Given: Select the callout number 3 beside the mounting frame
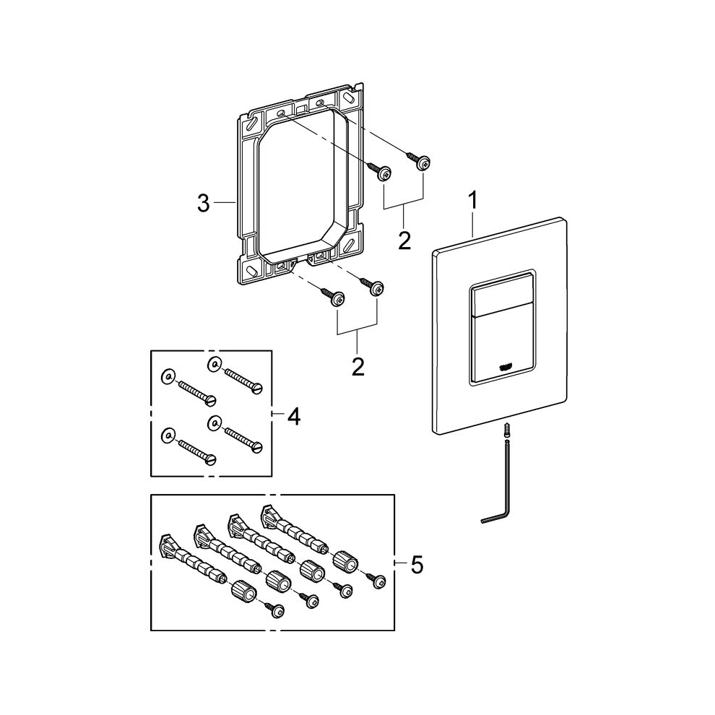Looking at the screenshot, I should click(204, 204).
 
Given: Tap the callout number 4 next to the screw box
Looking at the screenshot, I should click(294, 416).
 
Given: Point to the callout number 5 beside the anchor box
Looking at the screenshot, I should click(417, 564).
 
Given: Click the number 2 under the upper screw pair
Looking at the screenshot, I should click(404, 239).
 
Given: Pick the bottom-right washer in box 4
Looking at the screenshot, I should click(214, 420).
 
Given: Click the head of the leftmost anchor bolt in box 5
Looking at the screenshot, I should click(165, 542).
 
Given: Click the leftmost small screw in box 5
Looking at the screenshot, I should click(274, 609).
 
